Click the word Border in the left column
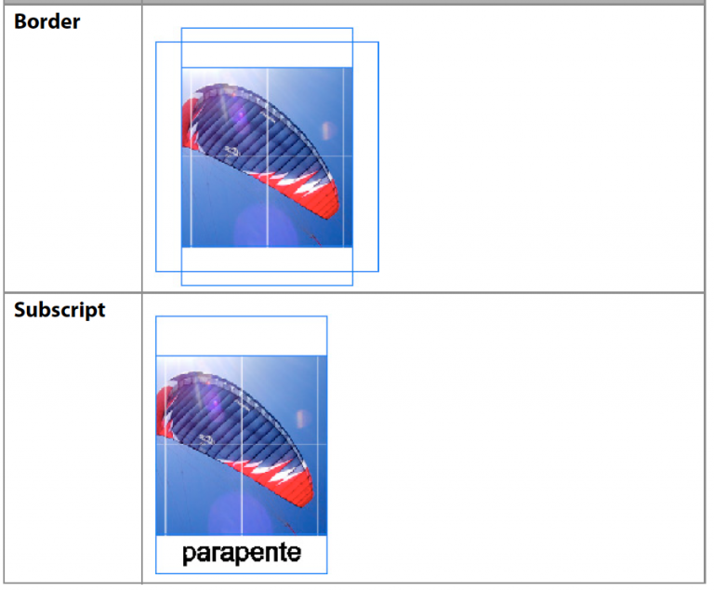coord(46,21)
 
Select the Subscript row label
coord(59,311)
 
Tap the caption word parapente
coord(242,554)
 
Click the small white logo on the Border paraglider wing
coord(231,153)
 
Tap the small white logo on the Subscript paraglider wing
coord(205,440)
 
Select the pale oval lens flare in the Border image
coord(327,131)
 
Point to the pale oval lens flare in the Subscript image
coord(302,419)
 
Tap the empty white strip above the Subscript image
coord(242,336)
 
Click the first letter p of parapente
coord(189,556)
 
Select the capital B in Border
coord(21,21)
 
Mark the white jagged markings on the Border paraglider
coord(291,181)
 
